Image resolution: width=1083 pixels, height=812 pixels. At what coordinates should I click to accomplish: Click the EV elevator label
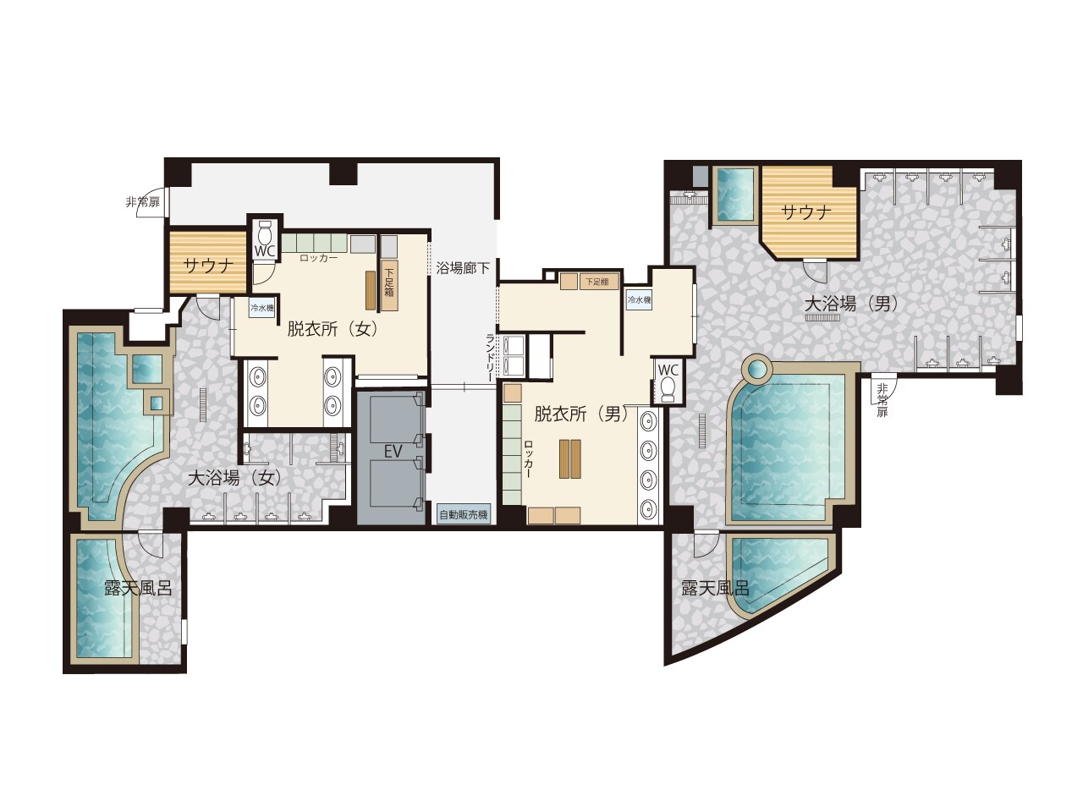pyautogui.click(x=393, y=451)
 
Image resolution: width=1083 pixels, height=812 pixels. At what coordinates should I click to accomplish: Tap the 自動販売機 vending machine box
pyautogui.click(x=464, y=515)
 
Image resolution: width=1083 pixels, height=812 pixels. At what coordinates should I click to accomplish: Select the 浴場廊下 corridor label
pyautogui.click(x=463, y=269)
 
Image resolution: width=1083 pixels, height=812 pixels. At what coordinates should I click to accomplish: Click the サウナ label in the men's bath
pyautogui.click(x=806, y=212)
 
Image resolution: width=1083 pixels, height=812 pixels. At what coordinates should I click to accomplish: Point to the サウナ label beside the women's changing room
pyautogui.click(x=208, y=266)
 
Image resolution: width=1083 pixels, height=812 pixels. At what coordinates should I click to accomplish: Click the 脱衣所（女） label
pyautogui.click(x=333, y=329)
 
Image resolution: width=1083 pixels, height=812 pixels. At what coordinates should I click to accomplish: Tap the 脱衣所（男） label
pyautogui.click(x=581, y=414)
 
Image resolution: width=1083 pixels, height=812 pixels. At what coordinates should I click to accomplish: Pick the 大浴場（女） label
pyautogui.click(x=235, y=478)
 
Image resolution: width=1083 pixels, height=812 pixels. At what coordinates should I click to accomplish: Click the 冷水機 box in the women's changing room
pyautogui.click(x=261, y=309)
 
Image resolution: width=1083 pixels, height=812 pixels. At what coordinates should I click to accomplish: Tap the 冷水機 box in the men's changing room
pyautogui.click(x=639, y=299)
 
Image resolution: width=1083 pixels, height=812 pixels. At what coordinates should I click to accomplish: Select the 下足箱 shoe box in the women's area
pyautogui.click(x=389, y=285)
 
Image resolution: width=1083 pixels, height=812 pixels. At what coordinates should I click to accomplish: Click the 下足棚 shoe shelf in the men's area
pyautogui.click(x=598, y=282)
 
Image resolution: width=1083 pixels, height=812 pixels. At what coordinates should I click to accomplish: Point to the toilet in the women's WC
pyautogui.click(x=265, y=231)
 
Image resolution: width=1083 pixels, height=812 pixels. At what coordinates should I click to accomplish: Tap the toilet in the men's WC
pyautogui.click(x=668, y=388)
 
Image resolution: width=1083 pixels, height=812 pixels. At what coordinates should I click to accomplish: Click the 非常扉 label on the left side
pyautogui.click(x=143, y=202)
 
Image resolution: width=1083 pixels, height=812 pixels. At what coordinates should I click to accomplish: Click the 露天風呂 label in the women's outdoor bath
pyautogui.click(x=138, y=588)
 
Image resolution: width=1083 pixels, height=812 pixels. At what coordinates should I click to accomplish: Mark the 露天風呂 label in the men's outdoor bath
pyautogui.click(x=716, y=588)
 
